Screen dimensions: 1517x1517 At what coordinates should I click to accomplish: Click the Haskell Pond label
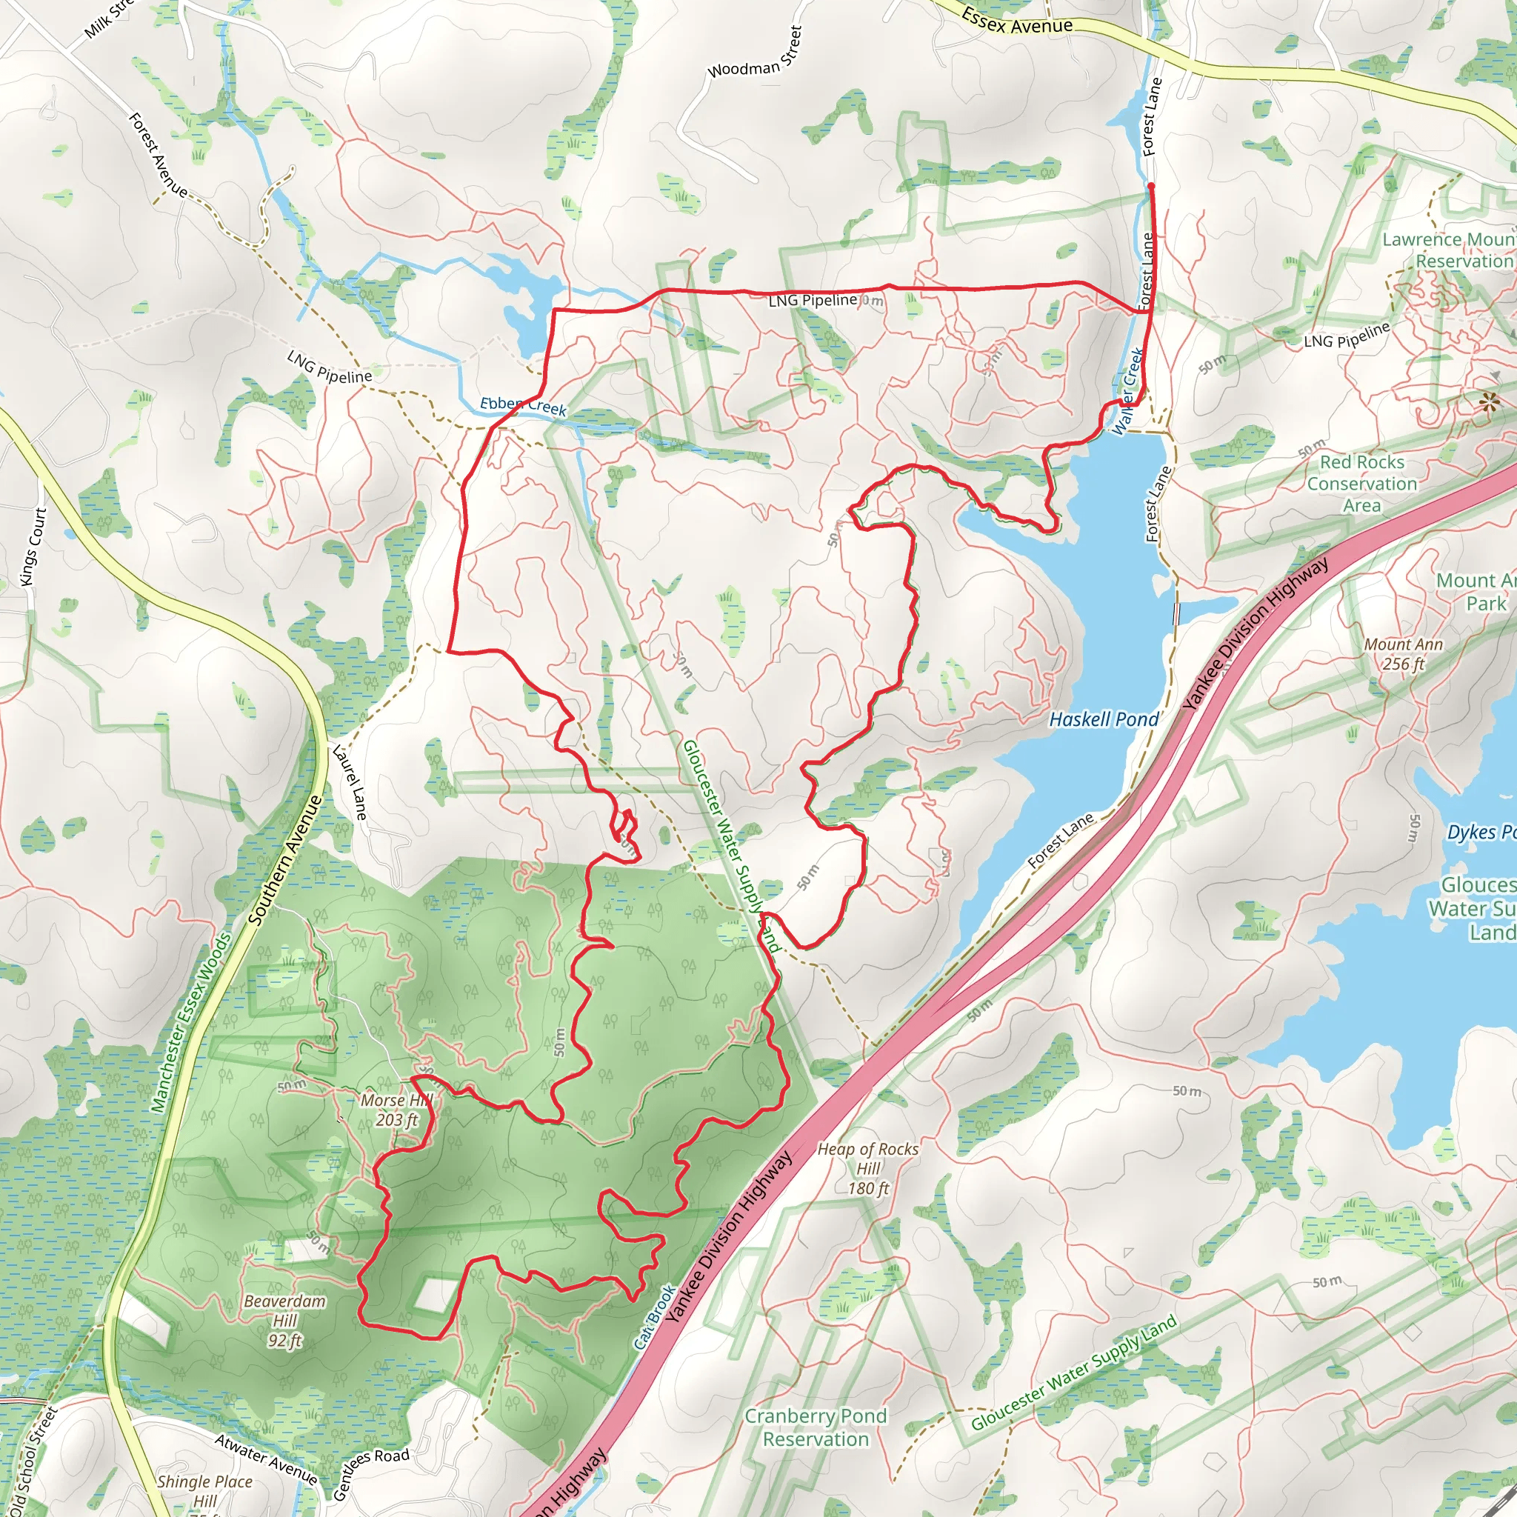(1103, 719)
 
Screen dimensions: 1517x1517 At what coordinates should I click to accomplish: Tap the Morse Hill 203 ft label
(396, 1110)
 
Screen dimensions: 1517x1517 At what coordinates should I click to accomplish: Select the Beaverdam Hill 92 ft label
(284, 1321)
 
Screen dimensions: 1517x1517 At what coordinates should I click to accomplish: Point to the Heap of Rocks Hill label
(867, 1168)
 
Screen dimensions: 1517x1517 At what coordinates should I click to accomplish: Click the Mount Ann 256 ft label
(1403, 654)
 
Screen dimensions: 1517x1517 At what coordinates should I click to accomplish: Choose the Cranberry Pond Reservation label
(816, 1427)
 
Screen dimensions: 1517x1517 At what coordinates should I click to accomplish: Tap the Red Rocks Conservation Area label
(1361, 484)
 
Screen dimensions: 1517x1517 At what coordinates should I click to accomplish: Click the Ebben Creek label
(523, 406)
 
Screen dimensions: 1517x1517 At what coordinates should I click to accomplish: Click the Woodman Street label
(755, 53)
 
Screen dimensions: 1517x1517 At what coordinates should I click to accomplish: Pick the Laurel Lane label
(350, 782)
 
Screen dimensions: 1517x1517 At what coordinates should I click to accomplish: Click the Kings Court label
(34, 547)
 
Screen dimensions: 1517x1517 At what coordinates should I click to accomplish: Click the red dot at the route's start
(1151, 186)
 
